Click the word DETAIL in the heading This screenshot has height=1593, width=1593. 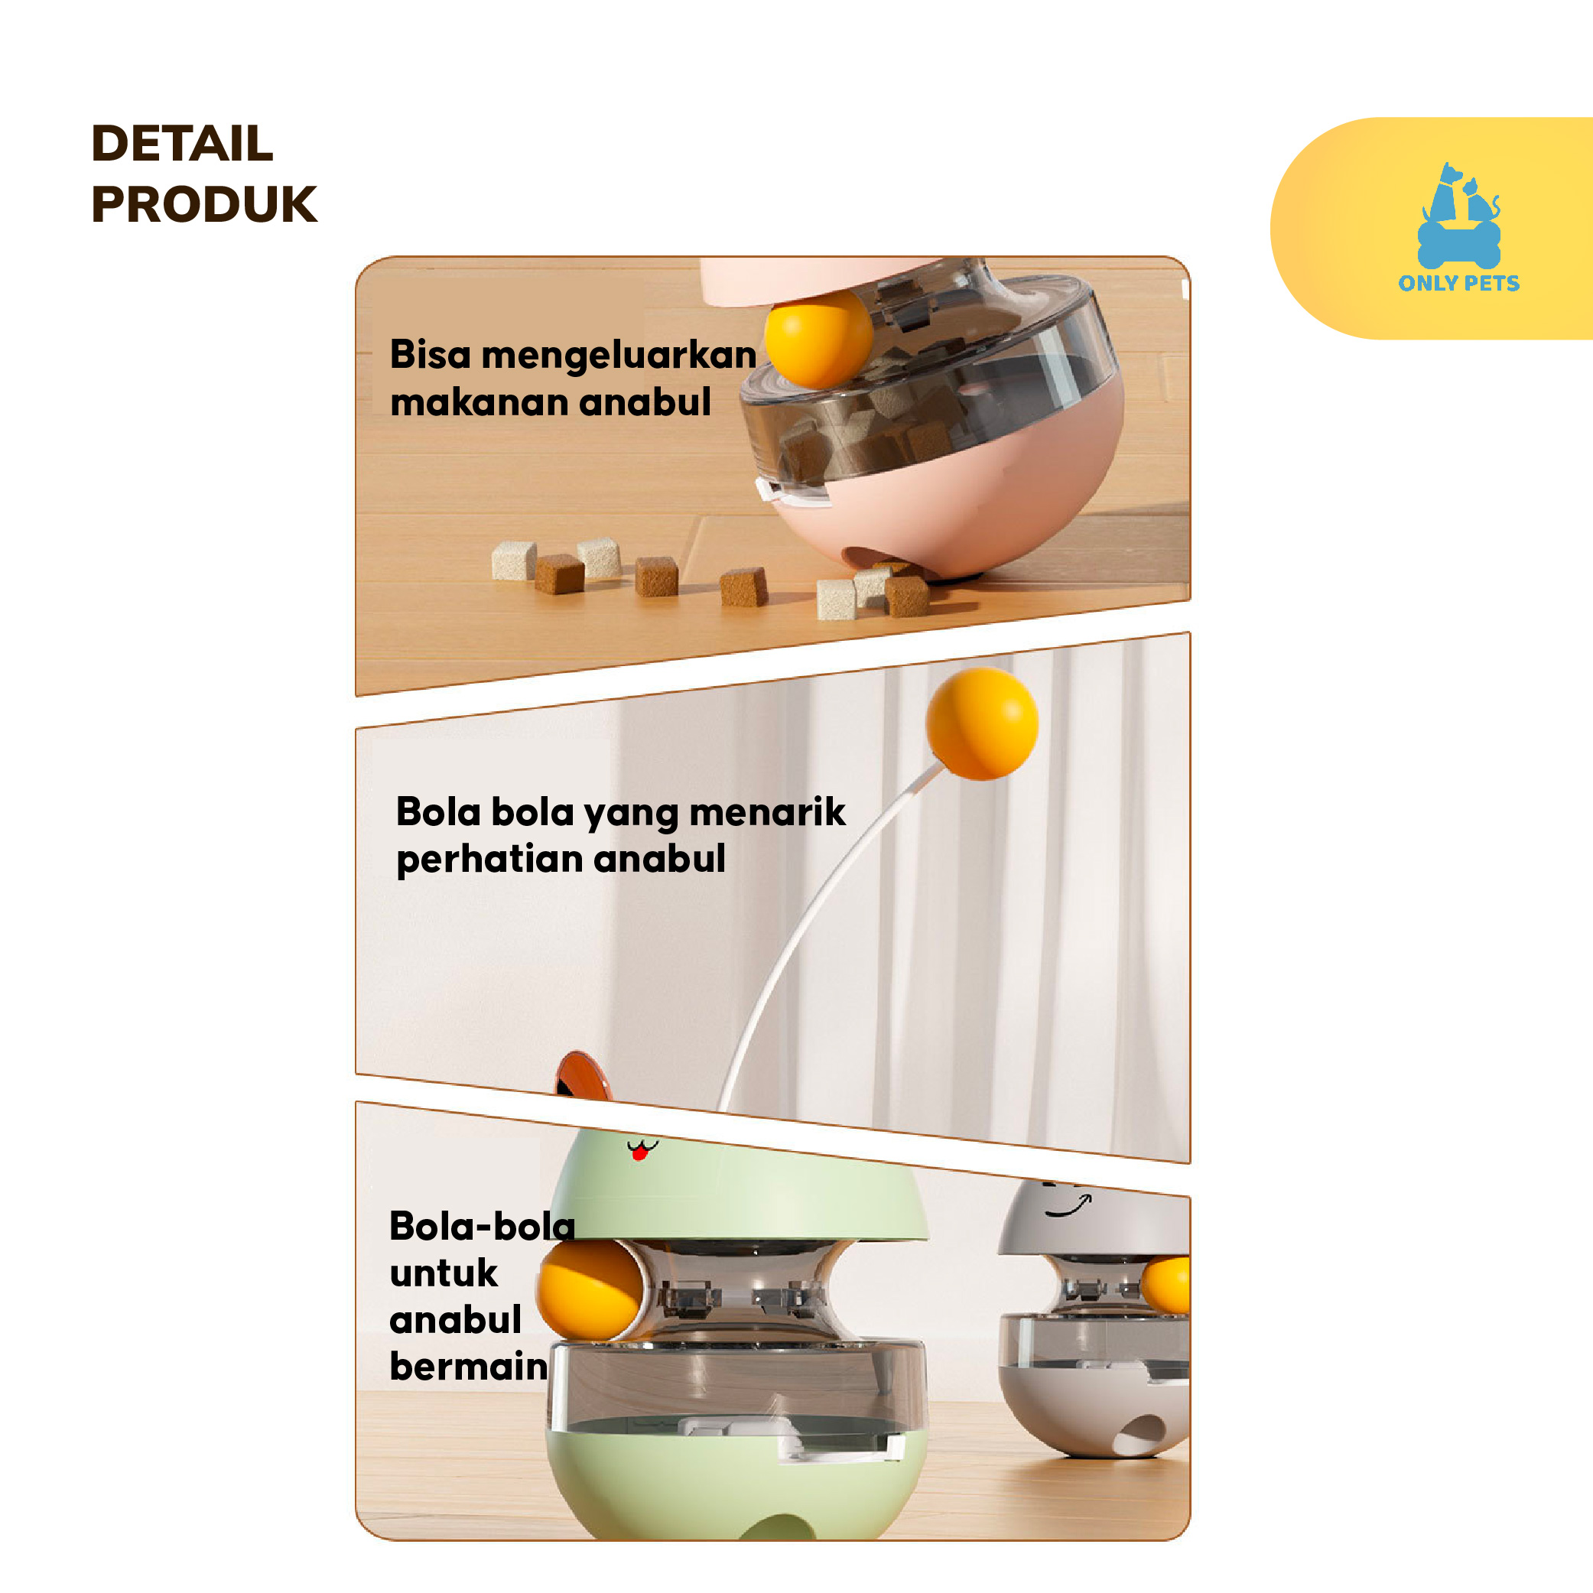coord(181,144)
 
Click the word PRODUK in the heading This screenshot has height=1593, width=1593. coord(203,203)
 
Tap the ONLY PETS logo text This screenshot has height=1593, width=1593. coord(1458,283)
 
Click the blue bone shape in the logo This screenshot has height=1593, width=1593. coord(1458,243)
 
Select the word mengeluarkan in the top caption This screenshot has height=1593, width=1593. coord(619,356)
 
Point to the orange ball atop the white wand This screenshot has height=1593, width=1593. coord(982,723)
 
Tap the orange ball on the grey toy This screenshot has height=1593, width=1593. coord(1166,1285)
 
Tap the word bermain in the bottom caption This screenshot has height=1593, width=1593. coord(468,1367)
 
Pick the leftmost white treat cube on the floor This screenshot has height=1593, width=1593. coord(514,561)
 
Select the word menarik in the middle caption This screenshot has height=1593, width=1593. coord(767,812)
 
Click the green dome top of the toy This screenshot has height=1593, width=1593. coord(738,1188)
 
